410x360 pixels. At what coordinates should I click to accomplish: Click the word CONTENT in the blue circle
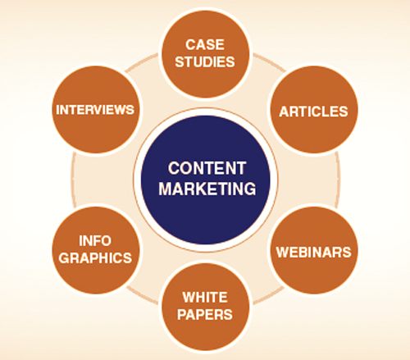(207, 168)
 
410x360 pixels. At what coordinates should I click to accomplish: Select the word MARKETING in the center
(207, 189)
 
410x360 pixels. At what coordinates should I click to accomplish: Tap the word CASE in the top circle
(205, 44)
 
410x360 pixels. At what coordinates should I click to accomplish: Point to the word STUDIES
(205, 62)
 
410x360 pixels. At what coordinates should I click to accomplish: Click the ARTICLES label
(313, 112)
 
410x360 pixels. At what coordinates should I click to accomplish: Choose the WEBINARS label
(313, 252)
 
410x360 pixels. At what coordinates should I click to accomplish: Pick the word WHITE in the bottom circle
(205, 297)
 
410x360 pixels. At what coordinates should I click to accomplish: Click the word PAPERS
(205, 314)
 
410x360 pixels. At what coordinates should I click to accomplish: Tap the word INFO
(95, 241)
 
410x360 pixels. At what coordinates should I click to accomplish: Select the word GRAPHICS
(95, 257)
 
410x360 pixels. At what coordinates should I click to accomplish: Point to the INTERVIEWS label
(95, 110)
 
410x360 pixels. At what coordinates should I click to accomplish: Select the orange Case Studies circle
(206, 53)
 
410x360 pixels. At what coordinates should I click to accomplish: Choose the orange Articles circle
(314, 109)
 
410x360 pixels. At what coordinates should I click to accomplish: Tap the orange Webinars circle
(314, 250)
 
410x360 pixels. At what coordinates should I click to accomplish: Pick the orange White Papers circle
(206, 307)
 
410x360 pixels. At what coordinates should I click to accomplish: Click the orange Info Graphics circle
(96, 250)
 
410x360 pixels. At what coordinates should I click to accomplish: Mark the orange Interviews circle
(96, 109)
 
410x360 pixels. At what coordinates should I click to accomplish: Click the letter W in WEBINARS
(281, 252)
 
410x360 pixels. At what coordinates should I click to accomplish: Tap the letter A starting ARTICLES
(285, 112)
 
